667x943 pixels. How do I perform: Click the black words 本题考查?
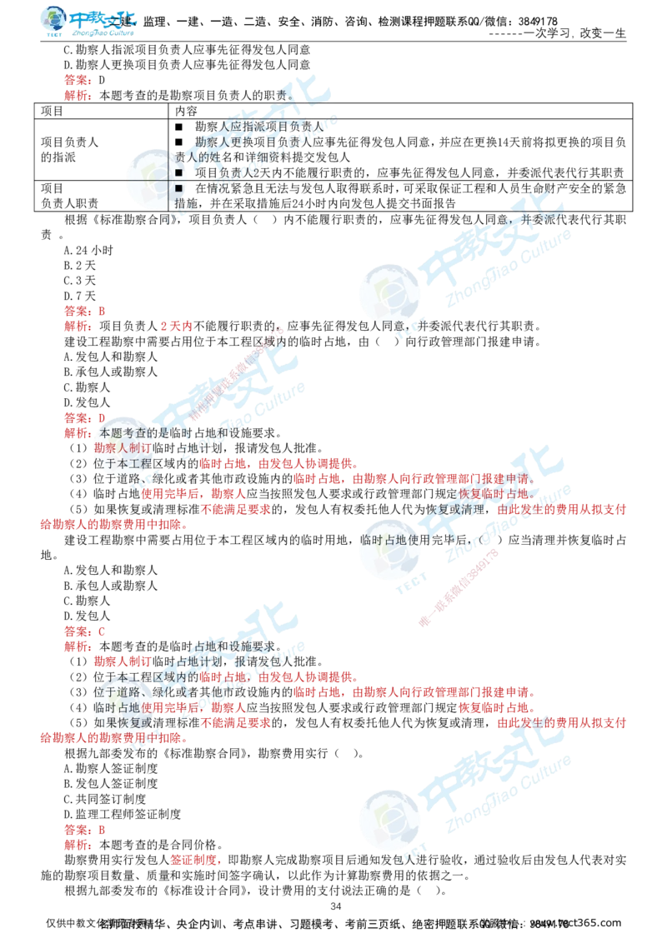coord(121,433)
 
